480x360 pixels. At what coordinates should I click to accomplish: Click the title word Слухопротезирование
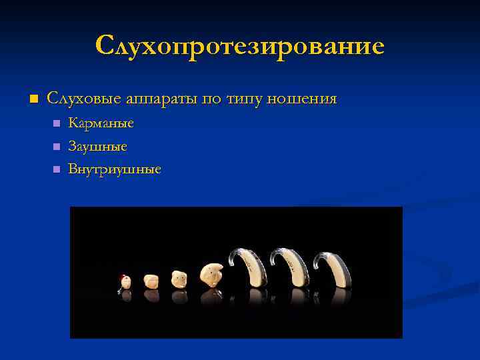coord(239,47)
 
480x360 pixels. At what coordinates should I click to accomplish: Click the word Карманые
coord(101,123)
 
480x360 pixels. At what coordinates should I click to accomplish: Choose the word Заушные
coord(98,146)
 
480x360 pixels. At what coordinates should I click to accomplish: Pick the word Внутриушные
coord(115,169)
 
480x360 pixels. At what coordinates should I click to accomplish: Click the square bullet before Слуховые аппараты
coord(35,99)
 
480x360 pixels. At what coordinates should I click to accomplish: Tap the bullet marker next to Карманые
coord(56,123)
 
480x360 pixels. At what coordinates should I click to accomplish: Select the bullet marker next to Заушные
coord(56,146)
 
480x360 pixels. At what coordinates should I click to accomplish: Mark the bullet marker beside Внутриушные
coord(56,169)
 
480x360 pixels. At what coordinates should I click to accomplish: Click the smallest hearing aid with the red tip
coord(125,281)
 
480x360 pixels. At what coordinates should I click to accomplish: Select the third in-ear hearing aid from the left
coord(179,278)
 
